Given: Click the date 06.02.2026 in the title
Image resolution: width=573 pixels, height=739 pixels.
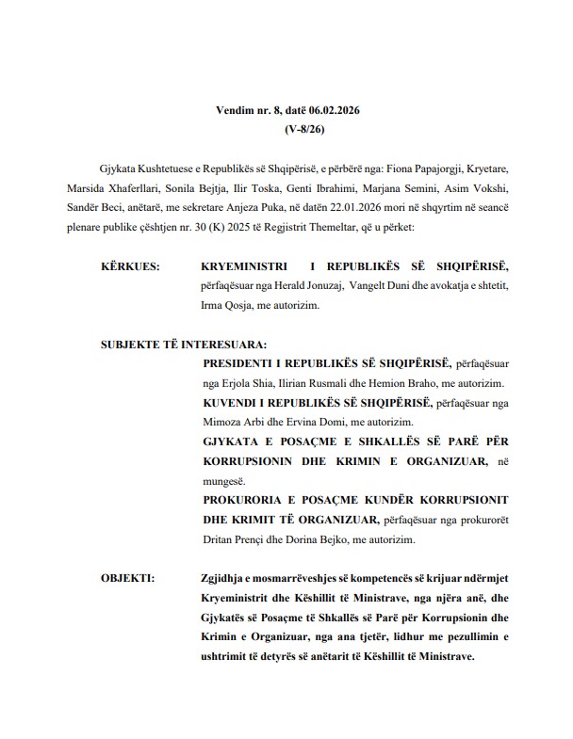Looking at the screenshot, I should (331, 111).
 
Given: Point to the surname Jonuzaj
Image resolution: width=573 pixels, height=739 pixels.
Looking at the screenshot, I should (316, 286).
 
